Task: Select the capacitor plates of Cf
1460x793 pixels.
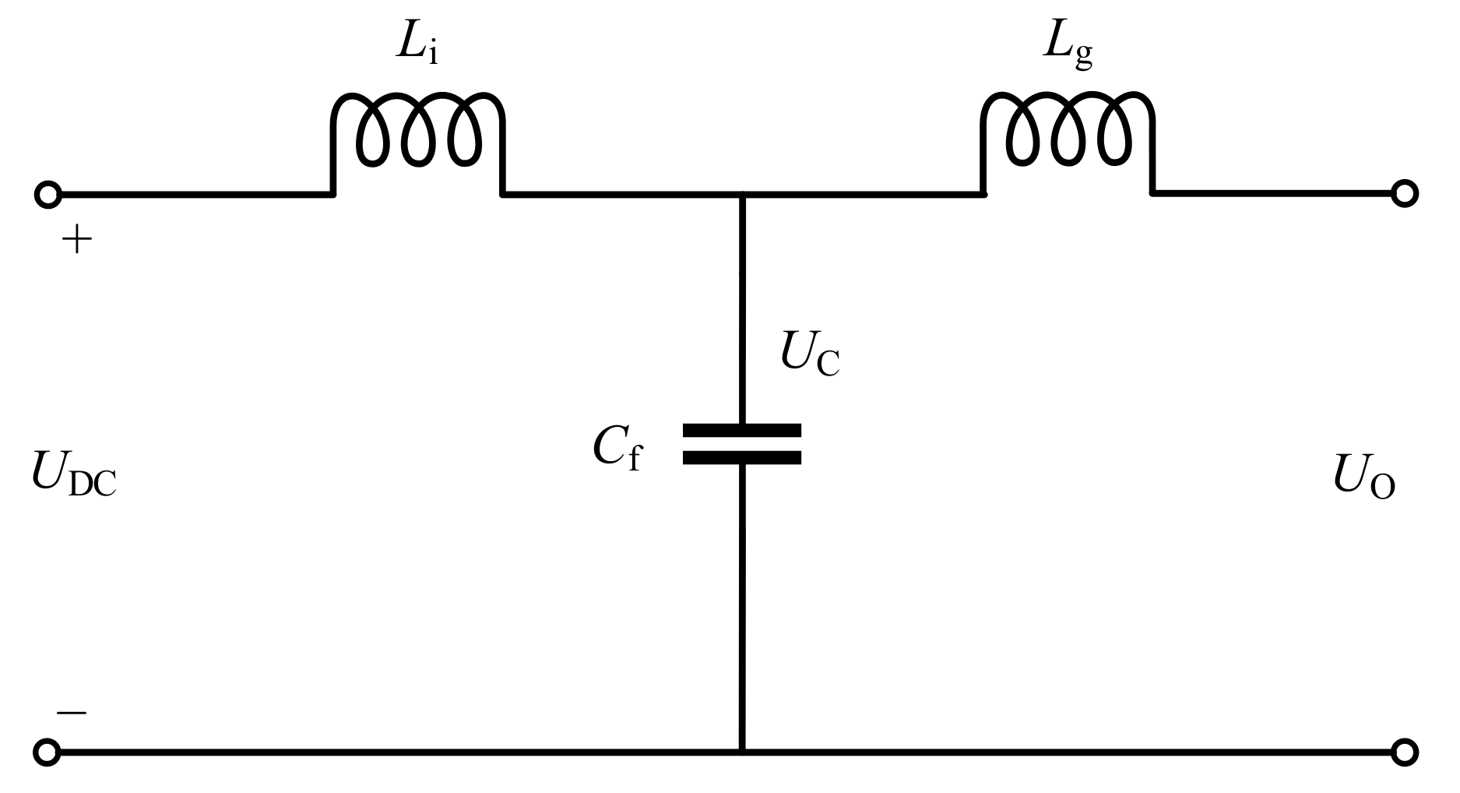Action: [742, 444]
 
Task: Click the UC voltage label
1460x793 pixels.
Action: [810, 357]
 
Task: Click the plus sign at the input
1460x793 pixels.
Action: [76, 241]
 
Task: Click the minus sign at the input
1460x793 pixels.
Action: [72, 712]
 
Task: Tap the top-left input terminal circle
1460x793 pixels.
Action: [47, 194]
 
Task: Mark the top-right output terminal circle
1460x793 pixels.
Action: [1404, 194]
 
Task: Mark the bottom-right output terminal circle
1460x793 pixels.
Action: [1404, 752]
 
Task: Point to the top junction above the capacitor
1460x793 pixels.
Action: [742, 194]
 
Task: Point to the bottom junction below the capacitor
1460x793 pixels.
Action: [742, 752]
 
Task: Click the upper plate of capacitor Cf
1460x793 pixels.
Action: [742, 430]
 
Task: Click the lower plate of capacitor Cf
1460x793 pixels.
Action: [742, 458]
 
